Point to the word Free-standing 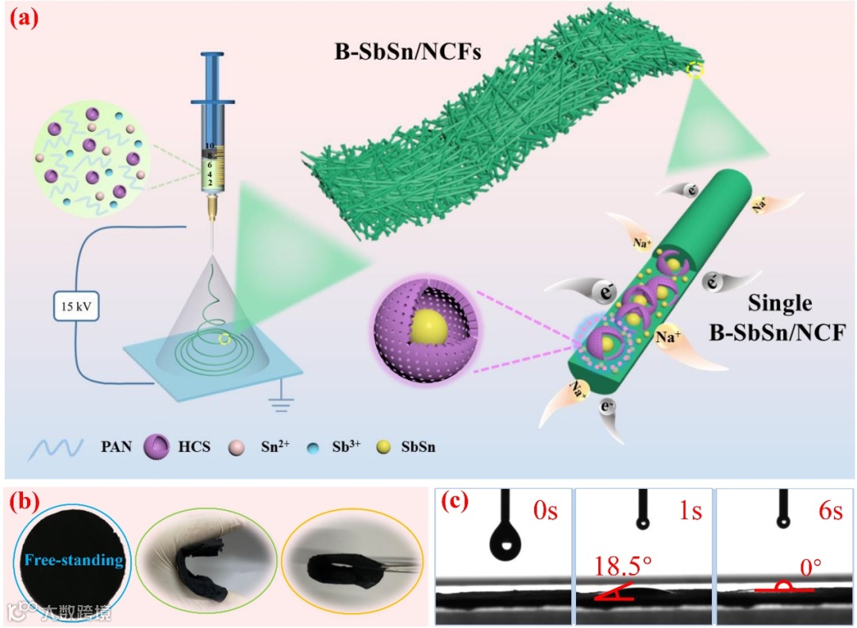73,561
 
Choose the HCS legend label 194,447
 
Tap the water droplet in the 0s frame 502,545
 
